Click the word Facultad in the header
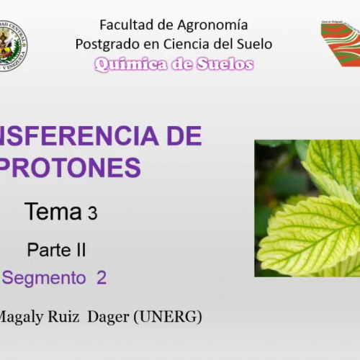[123, 25]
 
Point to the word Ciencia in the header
[189, 44]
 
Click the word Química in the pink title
[127, 64]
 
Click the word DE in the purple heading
[184, 135]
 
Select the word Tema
[53, 212]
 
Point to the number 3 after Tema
[92, 214]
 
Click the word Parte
[48, 251]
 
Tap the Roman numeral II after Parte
[80, 251]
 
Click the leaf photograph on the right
[307, 209]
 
